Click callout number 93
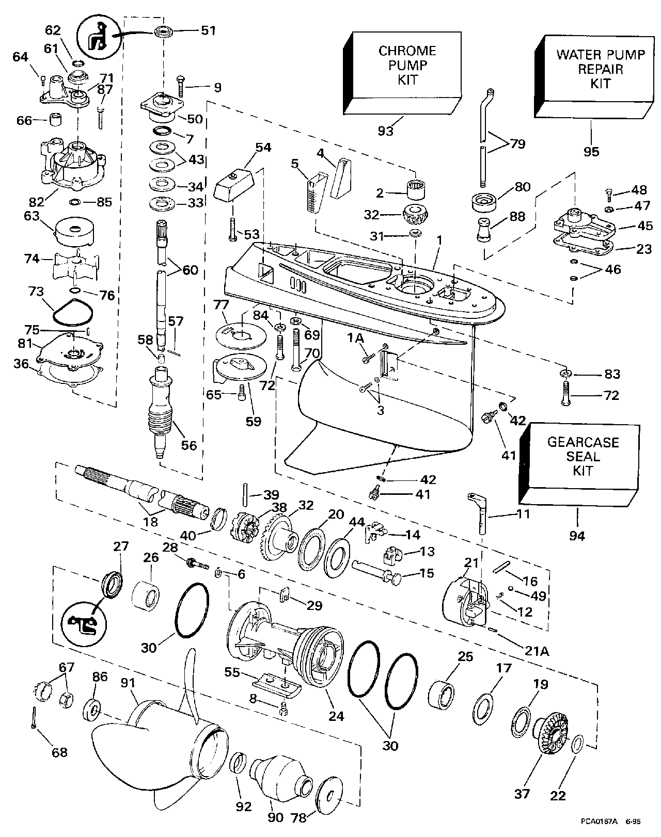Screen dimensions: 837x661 (385, 131)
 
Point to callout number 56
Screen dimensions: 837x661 (189, 445)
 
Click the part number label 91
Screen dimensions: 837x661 (128, 683)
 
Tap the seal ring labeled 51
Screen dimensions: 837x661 (164, 30)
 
